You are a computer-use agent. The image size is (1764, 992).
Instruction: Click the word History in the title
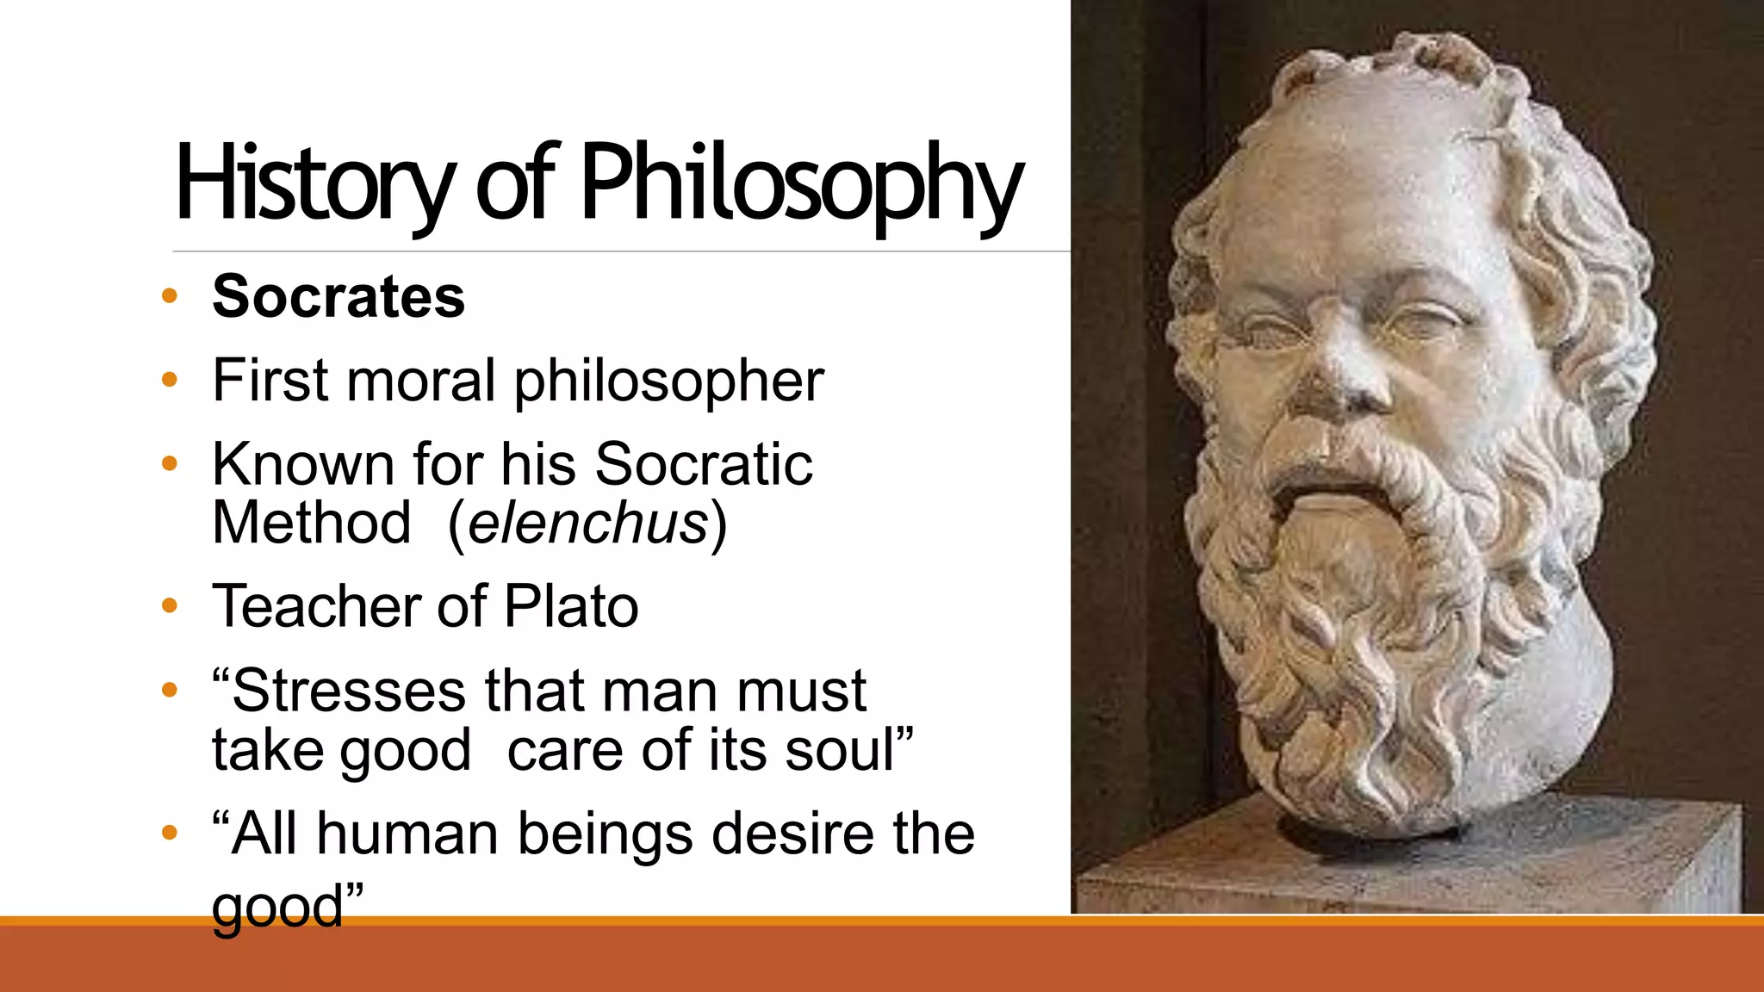pyautogui.click(x=314, y=183)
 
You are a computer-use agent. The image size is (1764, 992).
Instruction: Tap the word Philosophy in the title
pyautogui.click(x=801, y=183)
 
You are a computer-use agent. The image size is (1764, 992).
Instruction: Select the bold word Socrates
pyautogui.click(x=339, y=296)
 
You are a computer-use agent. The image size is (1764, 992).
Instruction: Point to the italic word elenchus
pyautogui.click(x=588, y=523)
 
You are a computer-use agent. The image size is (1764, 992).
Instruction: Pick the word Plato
pyautogui.click(x=571, y=605)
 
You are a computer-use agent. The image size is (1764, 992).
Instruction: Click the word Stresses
pyautogui.click(x=348, y=691)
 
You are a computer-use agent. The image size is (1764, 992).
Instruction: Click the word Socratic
pyautogui.click(x=703, y=464)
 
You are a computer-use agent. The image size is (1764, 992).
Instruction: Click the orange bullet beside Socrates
pyautogui.click(x=170, y=296)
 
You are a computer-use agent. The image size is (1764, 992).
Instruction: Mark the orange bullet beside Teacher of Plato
pyautogui.click(x=170, y=605)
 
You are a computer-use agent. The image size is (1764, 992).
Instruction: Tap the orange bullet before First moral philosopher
pyautogui.click(x=170, y=380)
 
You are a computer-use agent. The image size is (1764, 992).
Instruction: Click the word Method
pyautogui.click(x=312, y=523)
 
